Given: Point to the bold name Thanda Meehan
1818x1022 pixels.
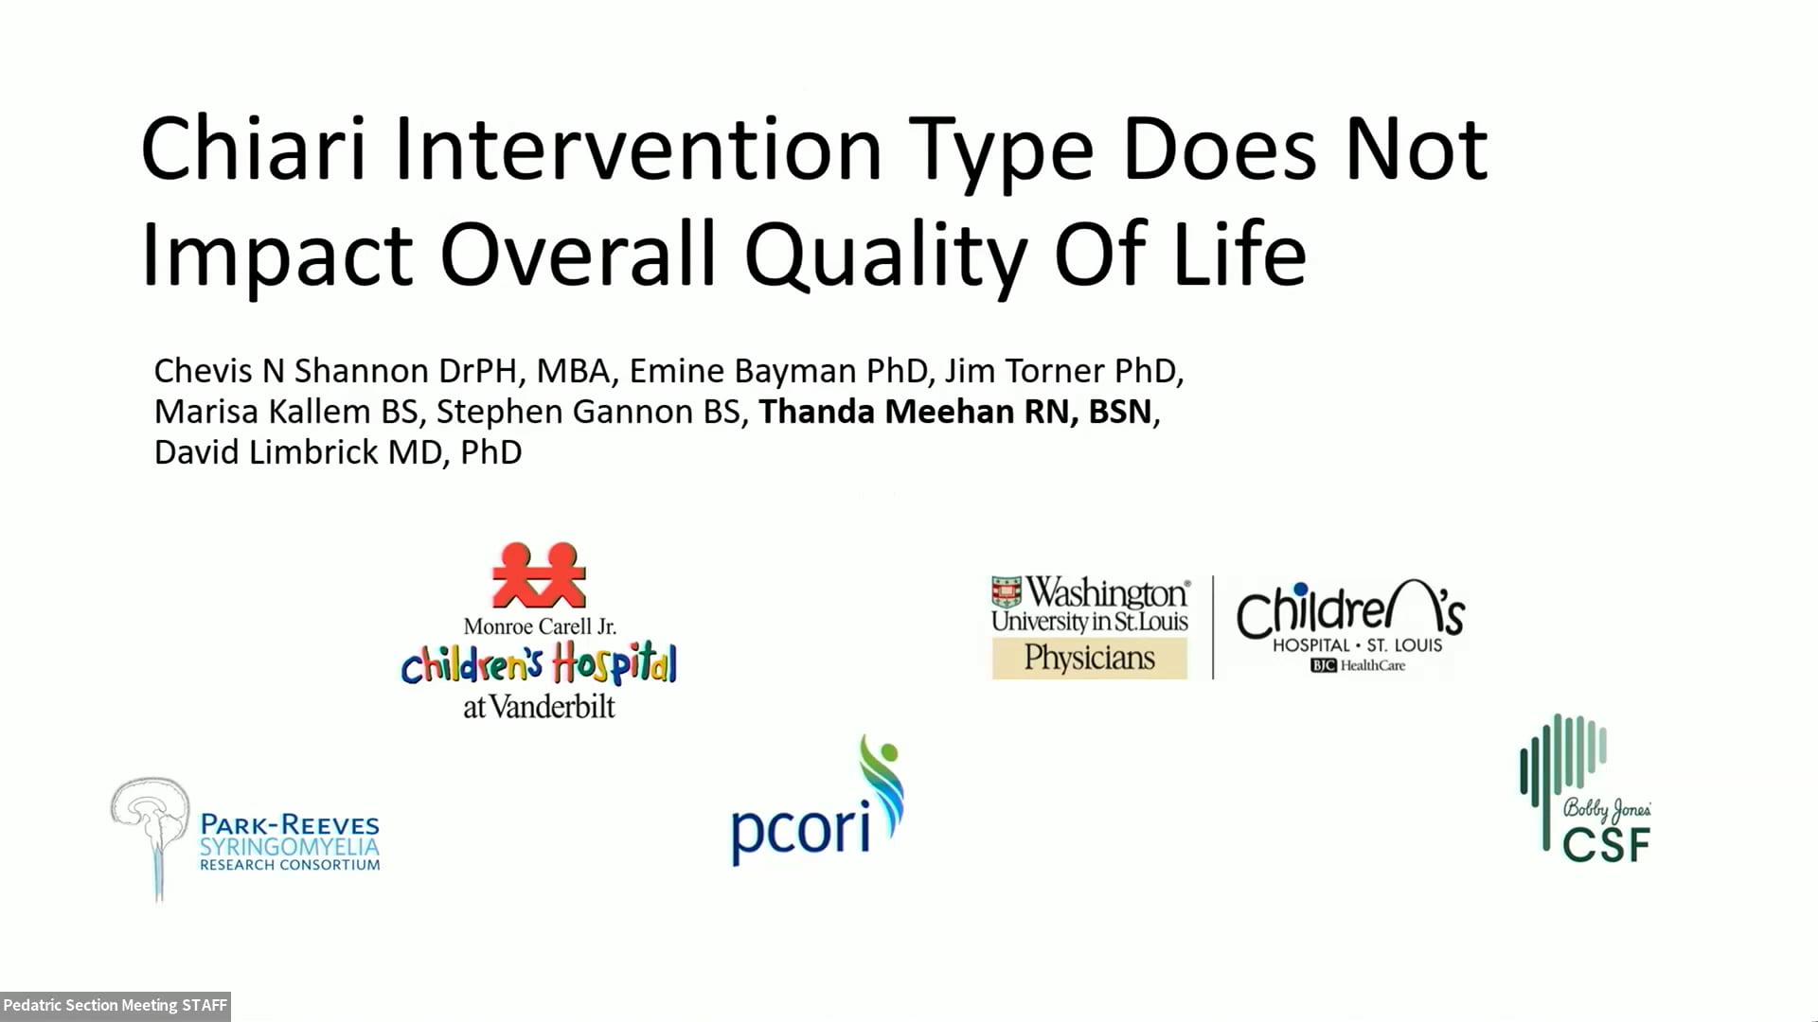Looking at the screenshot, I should tap(885, 412).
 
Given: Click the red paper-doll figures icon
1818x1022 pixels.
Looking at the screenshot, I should tap(539, 574).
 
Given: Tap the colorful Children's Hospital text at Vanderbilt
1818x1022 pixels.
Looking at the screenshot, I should tap(539, 664).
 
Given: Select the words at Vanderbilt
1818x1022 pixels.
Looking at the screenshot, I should tap(539, 707).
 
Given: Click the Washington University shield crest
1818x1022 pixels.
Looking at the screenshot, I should tap(1007, 592).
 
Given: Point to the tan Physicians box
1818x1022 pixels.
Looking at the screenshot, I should tap(1089, 659).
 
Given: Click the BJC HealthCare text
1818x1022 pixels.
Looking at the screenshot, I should tap(1358, 666).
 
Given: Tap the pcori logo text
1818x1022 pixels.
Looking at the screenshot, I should tap(800, 830).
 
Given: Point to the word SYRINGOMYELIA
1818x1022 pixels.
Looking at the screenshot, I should tap(289, 846).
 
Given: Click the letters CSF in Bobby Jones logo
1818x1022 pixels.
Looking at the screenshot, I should tap(1606, 844).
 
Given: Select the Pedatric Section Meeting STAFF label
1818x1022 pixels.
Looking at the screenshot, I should tap(115, 1005).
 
